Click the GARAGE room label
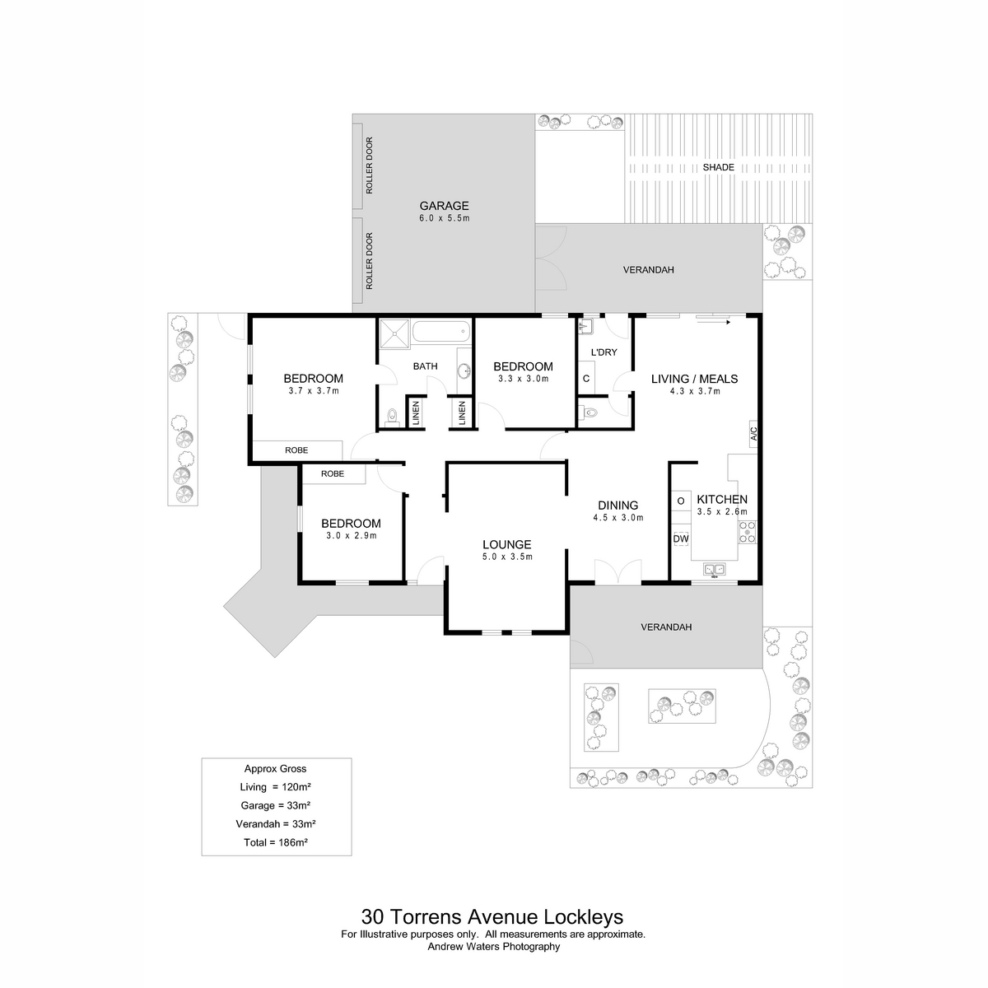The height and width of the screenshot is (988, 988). pos(444,206)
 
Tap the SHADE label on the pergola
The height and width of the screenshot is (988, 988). pos(718,167)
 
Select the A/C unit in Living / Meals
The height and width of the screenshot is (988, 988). pos(753,434)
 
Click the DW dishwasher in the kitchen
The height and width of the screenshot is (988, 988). pos(680,538)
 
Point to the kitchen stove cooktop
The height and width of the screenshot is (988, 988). pos(747,533)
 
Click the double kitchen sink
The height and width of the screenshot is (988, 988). pos(714,569)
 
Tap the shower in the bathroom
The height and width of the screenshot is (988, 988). pos(394,333)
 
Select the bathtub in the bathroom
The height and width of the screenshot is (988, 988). pos(441,332)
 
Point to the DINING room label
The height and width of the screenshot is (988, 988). pos(617,506)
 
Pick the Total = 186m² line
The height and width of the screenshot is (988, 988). pos(275,842)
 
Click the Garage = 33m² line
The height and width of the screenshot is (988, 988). pos(275,805)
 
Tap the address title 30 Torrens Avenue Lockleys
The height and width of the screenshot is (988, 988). pos(492,916)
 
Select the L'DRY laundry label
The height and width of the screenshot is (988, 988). pos(604,352)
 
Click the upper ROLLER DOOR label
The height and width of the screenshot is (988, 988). pos(369,165)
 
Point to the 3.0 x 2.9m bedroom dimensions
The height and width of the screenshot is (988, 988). pos(352,536)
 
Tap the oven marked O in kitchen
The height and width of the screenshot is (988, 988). pos(681,501)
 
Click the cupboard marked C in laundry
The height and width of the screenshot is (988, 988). pos(586,379)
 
